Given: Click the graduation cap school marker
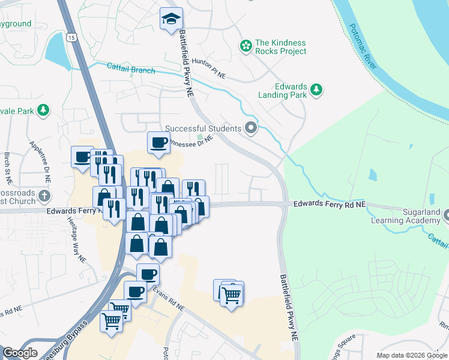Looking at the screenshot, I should click(172, 19).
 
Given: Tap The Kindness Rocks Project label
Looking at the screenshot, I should click(280, 47).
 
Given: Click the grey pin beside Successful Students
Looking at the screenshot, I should click(252, 128).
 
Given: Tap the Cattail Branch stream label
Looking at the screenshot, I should click(131, 70).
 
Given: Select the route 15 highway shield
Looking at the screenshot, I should click(71, 37).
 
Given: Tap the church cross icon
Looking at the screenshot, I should click(43, 196).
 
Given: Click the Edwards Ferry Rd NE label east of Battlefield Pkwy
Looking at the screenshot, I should click(330, 205).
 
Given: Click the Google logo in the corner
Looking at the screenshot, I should click(20, 353).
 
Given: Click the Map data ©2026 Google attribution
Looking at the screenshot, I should click(411, 355).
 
